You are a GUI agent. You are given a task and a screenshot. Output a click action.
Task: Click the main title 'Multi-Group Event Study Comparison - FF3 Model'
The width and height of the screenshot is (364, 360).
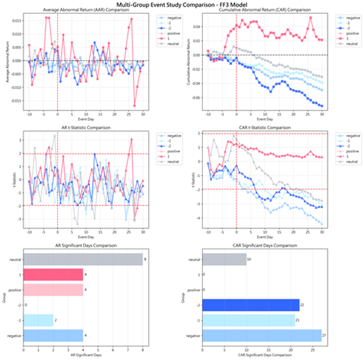point(182,4)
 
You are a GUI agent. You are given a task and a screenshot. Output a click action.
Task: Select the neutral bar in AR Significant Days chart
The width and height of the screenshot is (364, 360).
point(83,260)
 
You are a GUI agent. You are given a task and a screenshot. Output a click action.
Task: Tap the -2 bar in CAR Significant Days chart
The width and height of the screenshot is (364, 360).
point(251,306)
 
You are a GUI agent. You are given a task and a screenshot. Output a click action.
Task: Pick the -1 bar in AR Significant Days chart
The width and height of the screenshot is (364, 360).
point(38,320)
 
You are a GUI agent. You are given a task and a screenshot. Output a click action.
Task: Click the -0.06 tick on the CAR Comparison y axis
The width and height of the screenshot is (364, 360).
point(196,98)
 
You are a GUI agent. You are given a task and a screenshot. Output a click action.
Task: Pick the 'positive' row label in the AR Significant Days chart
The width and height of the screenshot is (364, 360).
point(16,290)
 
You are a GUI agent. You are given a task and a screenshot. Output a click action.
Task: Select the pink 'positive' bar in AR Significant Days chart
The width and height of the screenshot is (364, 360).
point(53,290)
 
